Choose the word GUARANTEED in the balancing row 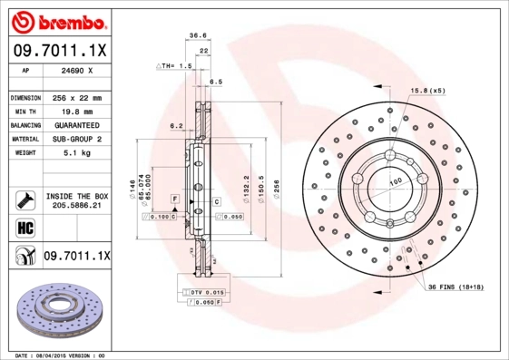74,125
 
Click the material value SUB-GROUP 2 74,140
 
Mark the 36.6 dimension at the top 195,35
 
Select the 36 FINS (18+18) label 460,287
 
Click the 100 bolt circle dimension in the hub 396,182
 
